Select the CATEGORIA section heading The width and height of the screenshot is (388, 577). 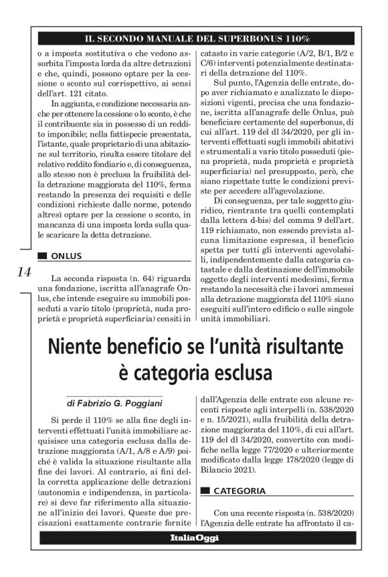pyautogui.click(x=239, y=491)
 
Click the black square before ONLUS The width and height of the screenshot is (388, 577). pyautogui.click(x=43, y=256)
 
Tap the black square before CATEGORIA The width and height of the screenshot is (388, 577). pyautogui.click(x=205, y=491)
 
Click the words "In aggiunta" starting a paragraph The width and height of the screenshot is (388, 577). pyautogui.click(x=75, y=104)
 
